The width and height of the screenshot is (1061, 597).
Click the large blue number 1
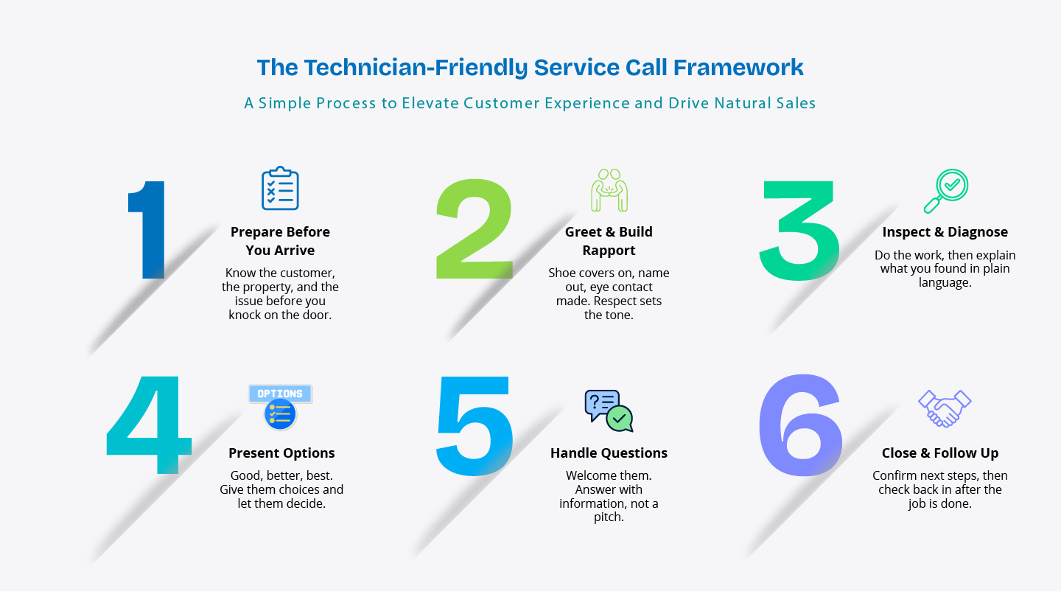(x=150, y=230)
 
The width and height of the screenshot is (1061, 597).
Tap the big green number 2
(x=474, y=228)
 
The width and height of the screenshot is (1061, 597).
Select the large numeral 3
(x=799, y=230)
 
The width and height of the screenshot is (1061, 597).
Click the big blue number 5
(x=475, y=425)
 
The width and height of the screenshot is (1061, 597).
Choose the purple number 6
(x=800, y=425)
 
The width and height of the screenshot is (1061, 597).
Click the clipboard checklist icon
(x=280, y=188)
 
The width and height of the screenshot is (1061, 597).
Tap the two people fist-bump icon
(x=609, y=190)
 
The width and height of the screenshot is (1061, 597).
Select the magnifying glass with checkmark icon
(x=946, y=191)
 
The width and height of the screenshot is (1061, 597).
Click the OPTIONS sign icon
(x=281, y=407)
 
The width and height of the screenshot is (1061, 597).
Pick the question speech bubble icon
(x=609, y=411)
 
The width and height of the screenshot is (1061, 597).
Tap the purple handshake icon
(x=945, y=408)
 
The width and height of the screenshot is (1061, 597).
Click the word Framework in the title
(x=738, y=67)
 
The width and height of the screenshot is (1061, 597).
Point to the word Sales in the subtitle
(x=796, y=103)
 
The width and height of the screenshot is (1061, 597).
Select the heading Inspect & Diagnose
(x=945, y=231)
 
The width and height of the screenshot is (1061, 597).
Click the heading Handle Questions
(x=609, y=453)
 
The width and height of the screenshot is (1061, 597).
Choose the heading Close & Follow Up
(x=940, y=453)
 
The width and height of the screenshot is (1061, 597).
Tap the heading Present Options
(x=281, y=453)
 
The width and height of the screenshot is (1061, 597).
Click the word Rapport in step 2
(x=609, y=250)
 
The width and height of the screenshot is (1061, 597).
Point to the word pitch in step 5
(x=607, y=517)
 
